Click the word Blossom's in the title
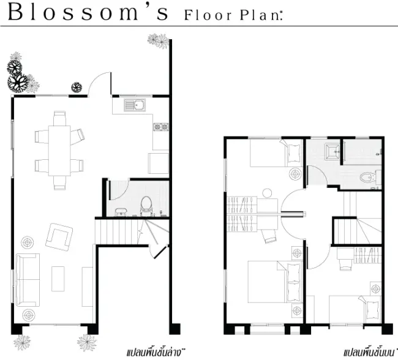(x=88, y=12)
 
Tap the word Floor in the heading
(x=208, y=15)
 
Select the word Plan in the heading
(x=260, y=15)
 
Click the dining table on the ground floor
(x=59, y=151)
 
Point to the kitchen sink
(x=135, y=105)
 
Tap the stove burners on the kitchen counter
(x=160, y=127)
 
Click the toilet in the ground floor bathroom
(x=146, y=206)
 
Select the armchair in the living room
(x=59, y=237)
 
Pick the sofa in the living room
(x=28, y=280)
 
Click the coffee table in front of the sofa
(x=58, y=279)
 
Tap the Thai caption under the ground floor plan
(x=156, y=353)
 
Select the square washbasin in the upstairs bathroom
(x=332, y=152)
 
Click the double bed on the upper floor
(x=274, y=282)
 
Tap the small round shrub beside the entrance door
(x=77, y=88)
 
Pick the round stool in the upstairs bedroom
(x=267, y=193)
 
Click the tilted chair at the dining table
(x=77, y=137)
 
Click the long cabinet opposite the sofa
(x=88, y=287)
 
